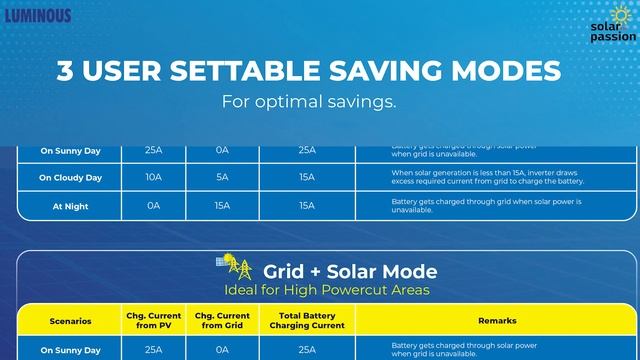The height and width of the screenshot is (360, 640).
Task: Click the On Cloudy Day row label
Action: click(70, 178)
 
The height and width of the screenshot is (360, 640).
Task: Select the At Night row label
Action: click(70, 205)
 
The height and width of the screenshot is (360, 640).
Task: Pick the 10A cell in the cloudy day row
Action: click(153, 177)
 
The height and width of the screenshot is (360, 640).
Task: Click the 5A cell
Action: click(222, 177)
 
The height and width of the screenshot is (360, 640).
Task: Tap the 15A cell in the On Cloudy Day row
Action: click(306, 177)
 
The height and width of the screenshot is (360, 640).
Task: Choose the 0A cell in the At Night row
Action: click(153, 205)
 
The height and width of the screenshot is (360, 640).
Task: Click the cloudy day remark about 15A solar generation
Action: click(487, 177)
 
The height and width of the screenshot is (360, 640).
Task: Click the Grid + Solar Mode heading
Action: click(349, 271)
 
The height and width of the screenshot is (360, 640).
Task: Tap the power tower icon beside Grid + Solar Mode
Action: click(238, 267)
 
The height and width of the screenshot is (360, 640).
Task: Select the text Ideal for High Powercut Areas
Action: click(326, 290)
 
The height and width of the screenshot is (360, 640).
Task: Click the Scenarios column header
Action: click(70, 321)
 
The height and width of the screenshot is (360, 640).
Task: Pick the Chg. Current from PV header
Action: click(153, 321)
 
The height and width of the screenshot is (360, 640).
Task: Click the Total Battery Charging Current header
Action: click(306, 321)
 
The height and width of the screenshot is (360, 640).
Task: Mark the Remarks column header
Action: click(497, 321)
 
